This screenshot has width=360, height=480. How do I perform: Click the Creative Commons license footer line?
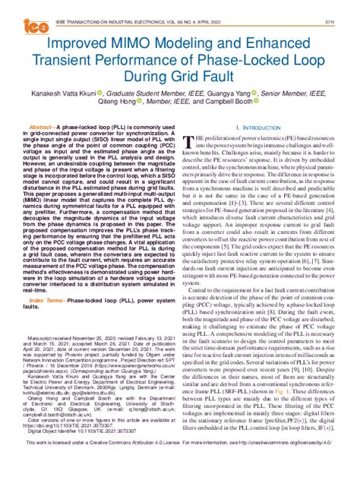point(180,462)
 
